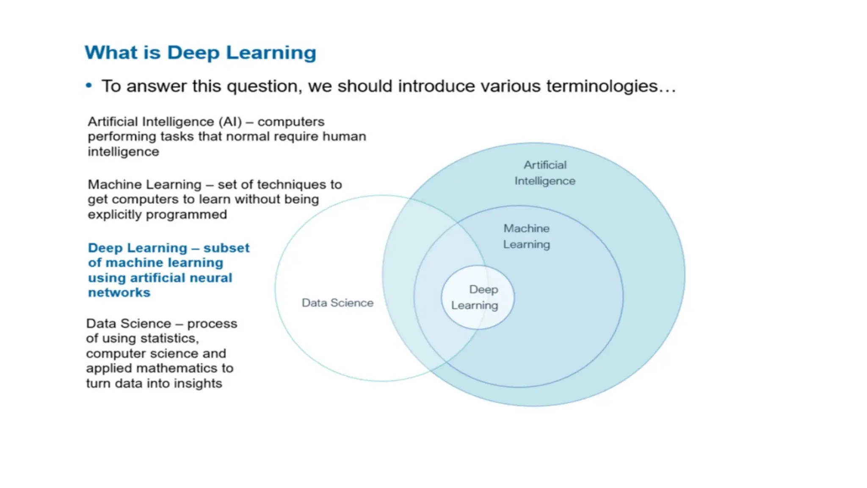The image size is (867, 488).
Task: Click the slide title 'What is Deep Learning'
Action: tap(200, 53)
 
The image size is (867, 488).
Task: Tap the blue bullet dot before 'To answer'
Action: tap(89, 86)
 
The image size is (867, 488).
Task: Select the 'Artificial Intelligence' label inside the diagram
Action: tap(545, 173)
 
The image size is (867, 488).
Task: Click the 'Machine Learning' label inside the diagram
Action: tap(526, 236)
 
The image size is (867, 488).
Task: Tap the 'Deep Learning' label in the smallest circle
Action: tap(475, 297)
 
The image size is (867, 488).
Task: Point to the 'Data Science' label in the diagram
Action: tap(337, 303)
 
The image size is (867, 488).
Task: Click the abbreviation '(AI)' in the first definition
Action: tap(230, 122)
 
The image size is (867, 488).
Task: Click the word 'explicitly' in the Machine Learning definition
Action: tap(114, 215)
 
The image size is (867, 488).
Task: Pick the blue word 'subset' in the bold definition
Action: tap(226, 248)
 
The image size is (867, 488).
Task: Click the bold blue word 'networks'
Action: tap(119, 293)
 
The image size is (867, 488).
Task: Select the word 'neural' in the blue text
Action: tap(211, 278)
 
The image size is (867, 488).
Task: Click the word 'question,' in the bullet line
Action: tap(264, 86)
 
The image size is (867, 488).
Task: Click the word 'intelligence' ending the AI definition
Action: tap(123, 152)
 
